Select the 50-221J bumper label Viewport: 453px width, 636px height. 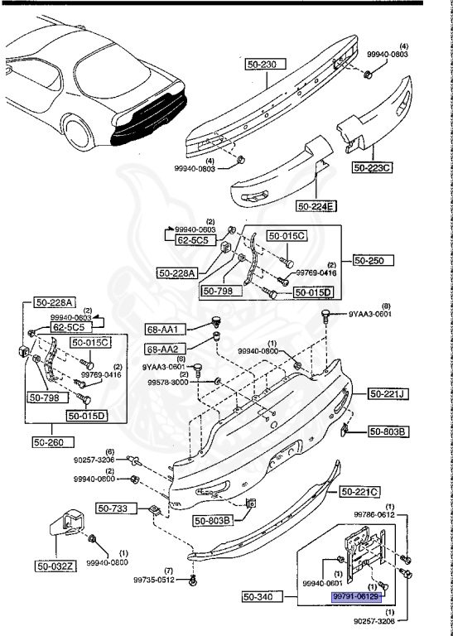click(387, 394)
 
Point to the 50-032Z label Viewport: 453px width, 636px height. click(55, 566)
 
